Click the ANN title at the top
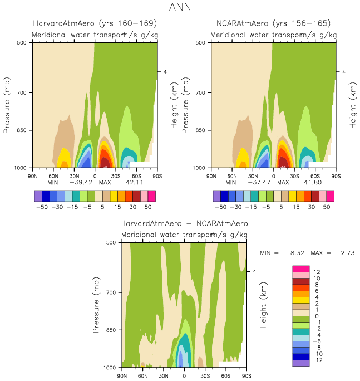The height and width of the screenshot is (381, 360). (180, 8)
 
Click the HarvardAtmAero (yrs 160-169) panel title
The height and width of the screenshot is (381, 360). (95, 23)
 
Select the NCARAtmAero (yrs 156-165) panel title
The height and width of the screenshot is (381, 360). (273, 23)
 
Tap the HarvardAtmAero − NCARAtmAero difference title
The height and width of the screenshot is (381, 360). (184, 223)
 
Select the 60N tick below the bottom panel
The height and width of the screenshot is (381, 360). (142, 376)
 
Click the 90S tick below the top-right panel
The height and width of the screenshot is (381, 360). (336, 176)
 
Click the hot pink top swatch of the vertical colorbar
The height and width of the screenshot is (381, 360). (300, 268)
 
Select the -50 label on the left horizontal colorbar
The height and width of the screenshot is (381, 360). (42, 206)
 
